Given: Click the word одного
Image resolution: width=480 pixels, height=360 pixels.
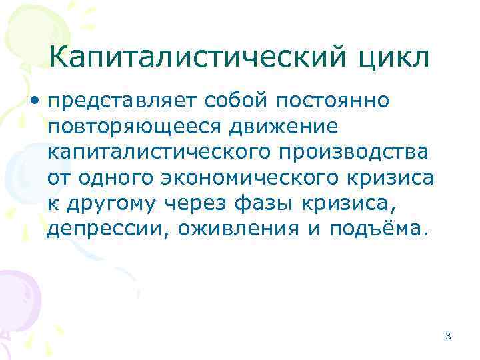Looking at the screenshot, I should [118, 179].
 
